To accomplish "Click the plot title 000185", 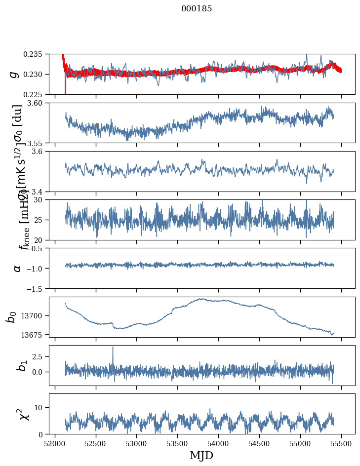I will pos(197,9).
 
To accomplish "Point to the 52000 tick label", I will pos(55,443).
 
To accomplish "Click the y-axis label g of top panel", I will pos(15,74).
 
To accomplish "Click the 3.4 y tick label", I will pos(40,191).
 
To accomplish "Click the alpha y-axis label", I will pos(17,268).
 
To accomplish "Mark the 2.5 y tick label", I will pos(40,356).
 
